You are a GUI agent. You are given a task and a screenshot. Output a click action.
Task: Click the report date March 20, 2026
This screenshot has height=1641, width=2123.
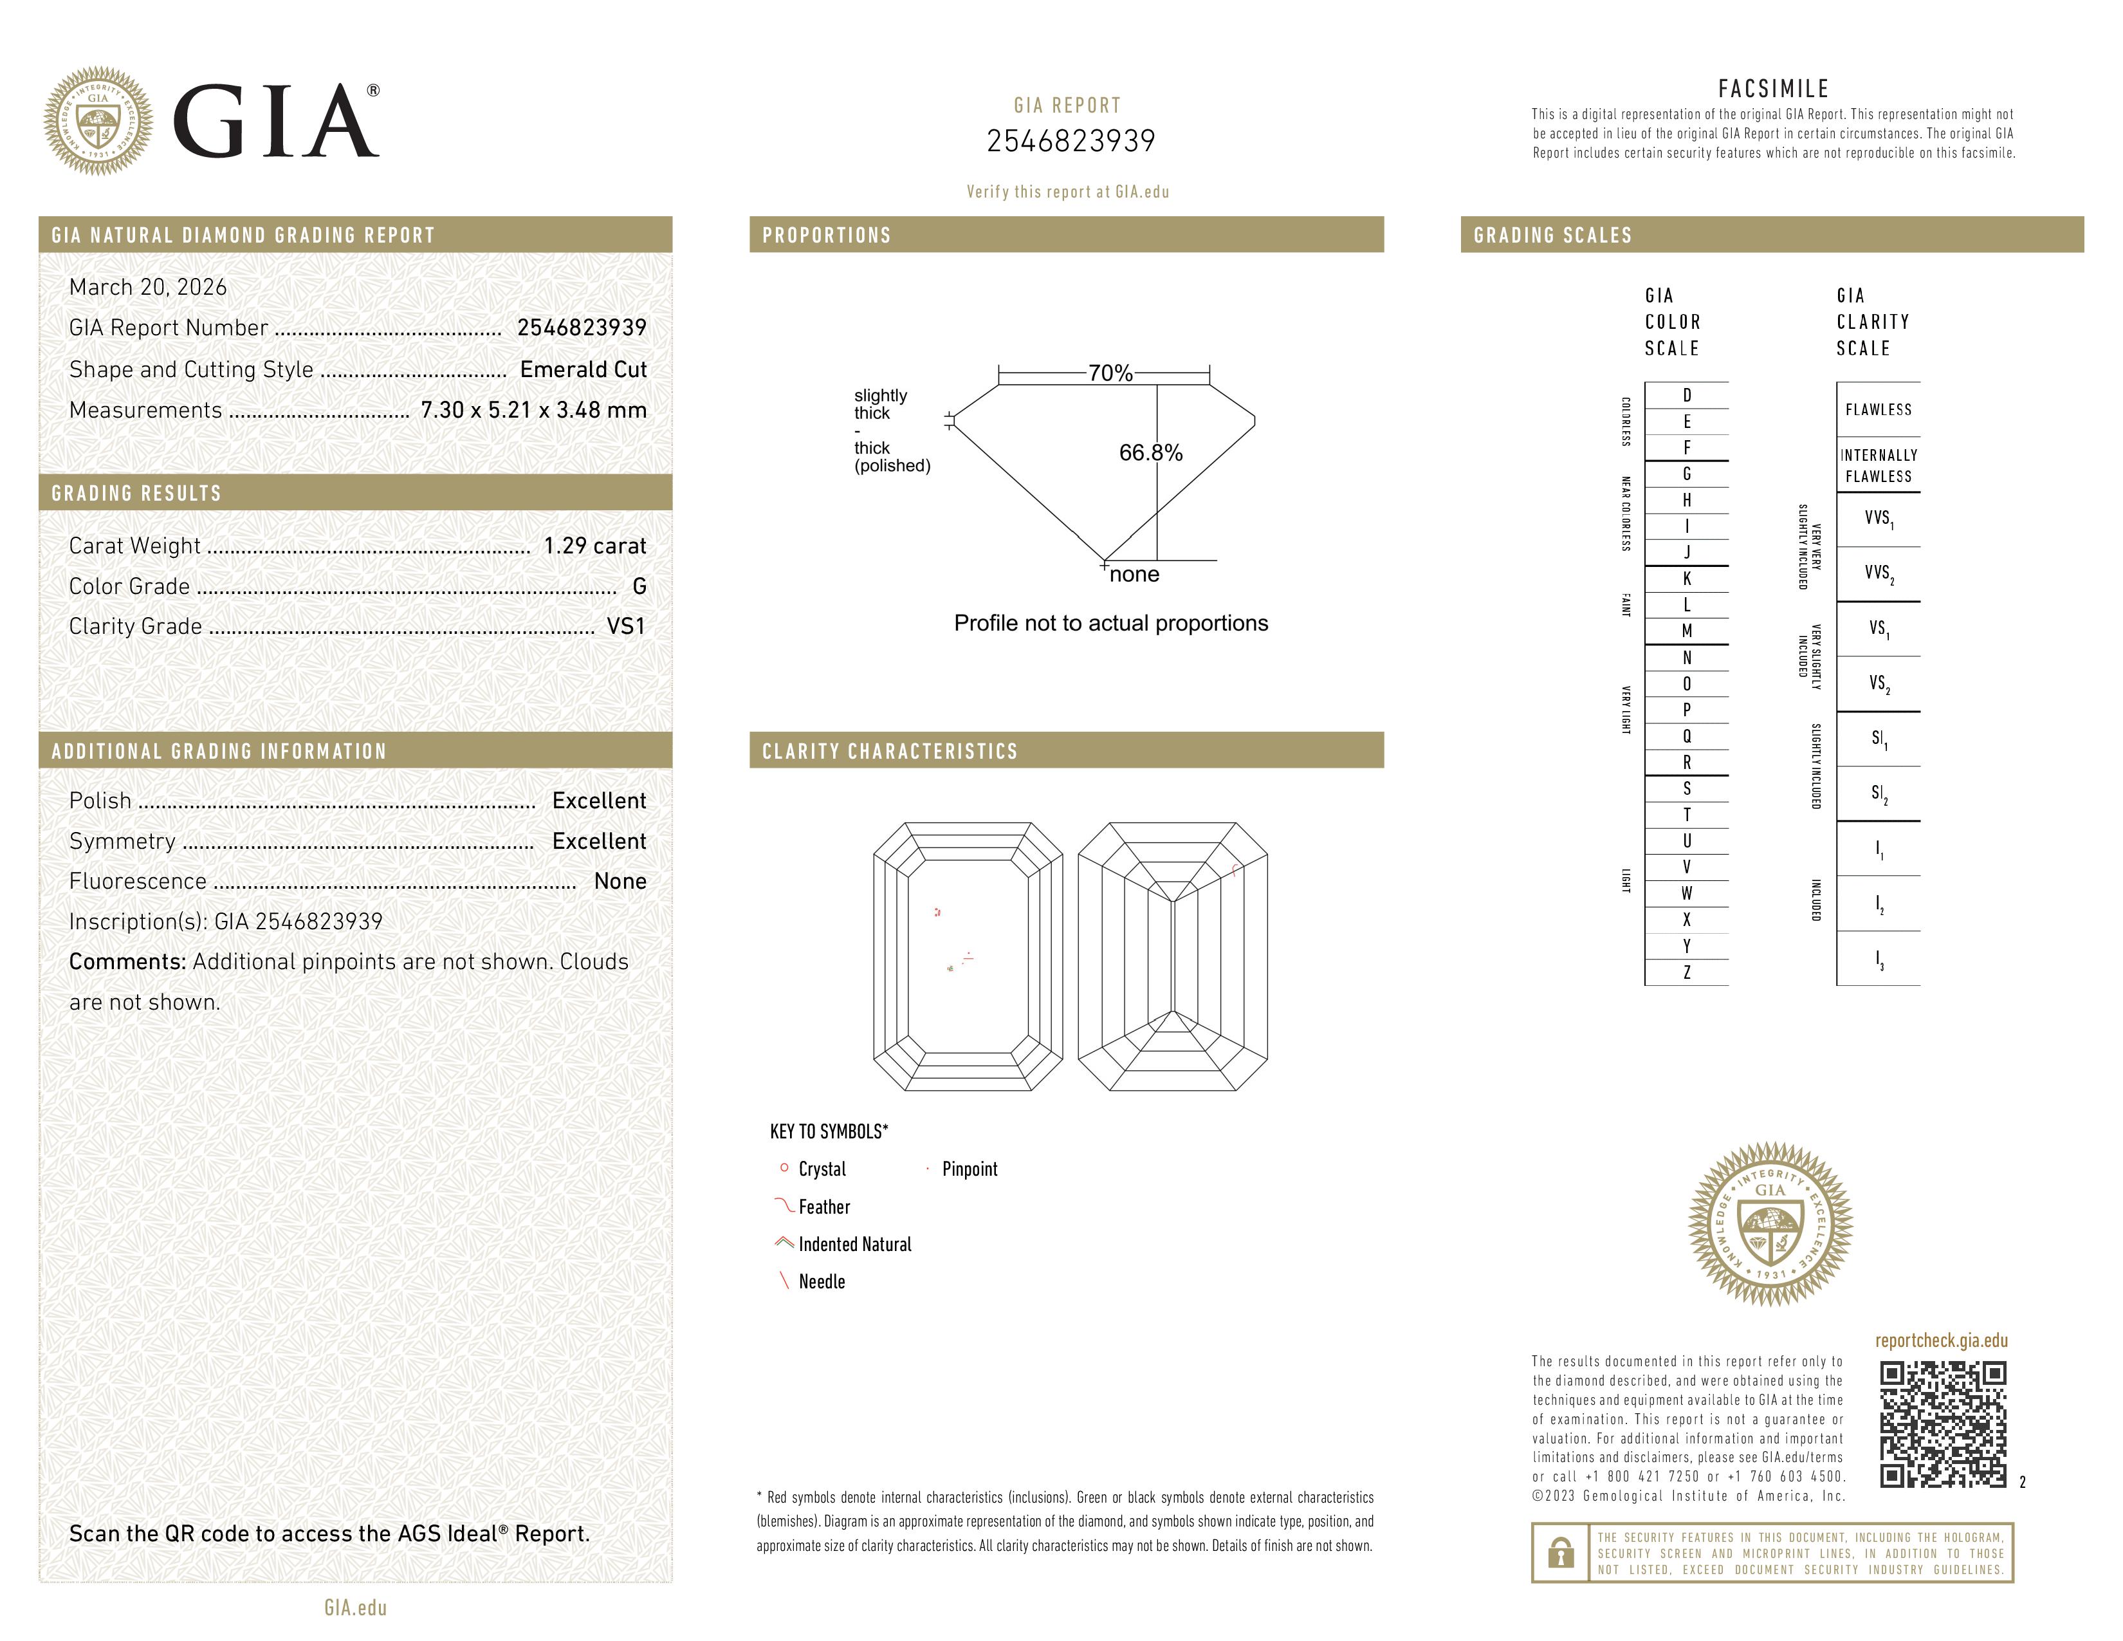148,288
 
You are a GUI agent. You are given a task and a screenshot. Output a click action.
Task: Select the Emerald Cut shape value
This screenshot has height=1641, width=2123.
584,369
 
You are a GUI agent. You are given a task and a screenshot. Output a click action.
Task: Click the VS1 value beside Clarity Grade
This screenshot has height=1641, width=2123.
626,627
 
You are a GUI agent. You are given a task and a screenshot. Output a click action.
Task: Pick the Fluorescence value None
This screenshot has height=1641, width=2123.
620,882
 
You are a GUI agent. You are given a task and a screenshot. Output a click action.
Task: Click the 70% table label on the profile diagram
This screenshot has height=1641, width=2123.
1110,373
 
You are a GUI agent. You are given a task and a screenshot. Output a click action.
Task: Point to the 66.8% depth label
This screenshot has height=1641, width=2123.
1151,453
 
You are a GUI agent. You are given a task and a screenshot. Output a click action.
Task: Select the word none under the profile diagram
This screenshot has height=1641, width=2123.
1134,575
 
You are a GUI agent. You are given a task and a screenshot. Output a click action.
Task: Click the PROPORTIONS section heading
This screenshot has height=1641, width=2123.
826,236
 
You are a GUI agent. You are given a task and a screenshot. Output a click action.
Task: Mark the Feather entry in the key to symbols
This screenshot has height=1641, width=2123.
824,1207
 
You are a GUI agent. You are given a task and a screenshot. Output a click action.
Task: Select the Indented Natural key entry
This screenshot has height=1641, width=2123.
854,1245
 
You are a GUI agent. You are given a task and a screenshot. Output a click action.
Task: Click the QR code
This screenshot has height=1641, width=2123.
1942,1424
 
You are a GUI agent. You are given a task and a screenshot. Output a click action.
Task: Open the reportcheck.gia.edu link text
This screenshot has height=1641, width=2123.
1941,1340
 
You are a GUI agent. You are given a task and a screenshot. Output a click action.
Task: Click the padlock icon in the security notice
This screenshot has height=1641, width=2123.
1560,1553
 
